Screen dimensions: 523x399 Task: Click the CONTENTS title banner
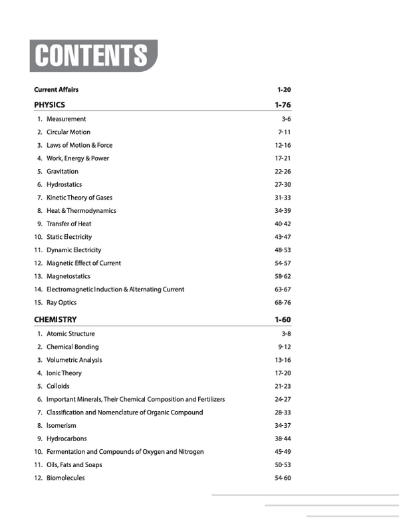tap(92, 56)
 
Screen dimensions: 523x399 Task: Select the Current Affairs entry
tap(57, 89)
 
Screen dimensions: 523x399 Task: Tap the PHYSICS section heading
tap(49, 104)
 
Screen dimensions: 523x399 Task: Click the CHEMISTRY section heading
tap(55, 320)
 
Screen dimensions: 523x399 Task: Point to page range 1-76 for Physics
tap(283, 104)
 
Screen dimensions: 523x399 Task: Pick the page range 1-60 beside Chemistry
tap(283, 320)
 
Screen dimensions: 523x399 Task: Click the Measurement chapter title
tap(66, 119)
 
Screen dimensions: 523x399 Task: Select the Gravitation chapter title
tap(62, 172)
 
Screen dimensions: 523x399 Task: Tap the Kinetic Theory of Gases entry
tap(82, 198)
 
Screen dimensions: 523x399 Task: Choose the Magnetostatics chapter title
tap(68, 276)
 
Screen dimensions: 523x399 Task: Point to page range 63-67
tap(283, 289)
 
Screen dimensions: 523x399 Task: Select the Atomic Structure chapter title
tap(70, 334)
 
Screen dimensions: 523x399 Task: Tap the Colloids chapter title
tap(58, 386)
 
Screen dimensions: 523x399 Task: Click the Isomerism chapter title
tap(61, 425)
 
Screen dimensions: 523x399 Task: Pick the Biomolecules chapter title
tap(65, 478)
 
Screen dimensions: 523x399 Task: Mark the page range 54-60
tap(283, 478)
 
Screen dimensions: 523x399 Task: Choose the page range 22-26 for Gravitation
tap(283, 172)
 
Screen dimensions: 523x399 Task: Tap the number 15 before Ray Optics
tap(38, 303)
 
